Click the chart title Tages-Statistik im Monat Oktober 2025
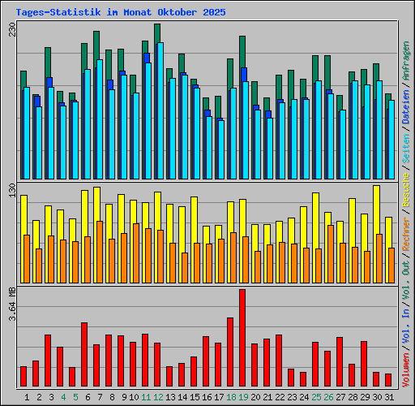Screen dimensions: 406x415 (121, 13)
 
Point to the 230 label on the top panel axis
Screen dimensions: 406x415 (11, 30)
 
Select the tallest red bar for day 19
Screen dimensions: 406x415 (242, 338)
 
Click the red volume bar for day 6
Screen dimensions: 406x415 (84, 355)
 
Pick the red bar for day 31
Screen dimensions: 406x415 (387, 380)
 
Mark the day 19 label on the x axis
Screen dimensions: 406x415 (243, 397)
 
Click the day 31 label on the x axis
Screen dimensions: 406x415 (388, 397)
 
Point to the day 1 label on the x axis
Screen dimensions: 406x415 (27, 397)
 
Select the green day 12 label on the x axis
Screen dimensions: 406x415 (158, 397)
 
